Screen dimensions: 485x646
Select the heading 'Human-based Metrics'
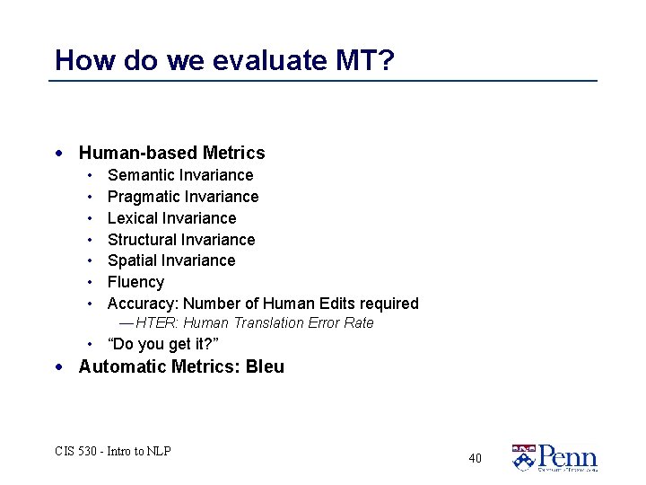click(x=171, y=154)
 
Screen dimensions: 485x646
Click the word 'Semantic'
click(x=141, y=175)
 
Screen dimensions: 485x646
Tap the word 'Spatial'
click(x=131, y=260)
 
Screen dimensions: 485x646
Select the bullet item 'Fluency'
click(x=135, y=282)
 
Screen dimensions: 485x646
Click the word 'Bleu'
click(x=266, y=366)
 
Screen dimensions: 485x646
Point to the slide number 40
click(x=475, y=458)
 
